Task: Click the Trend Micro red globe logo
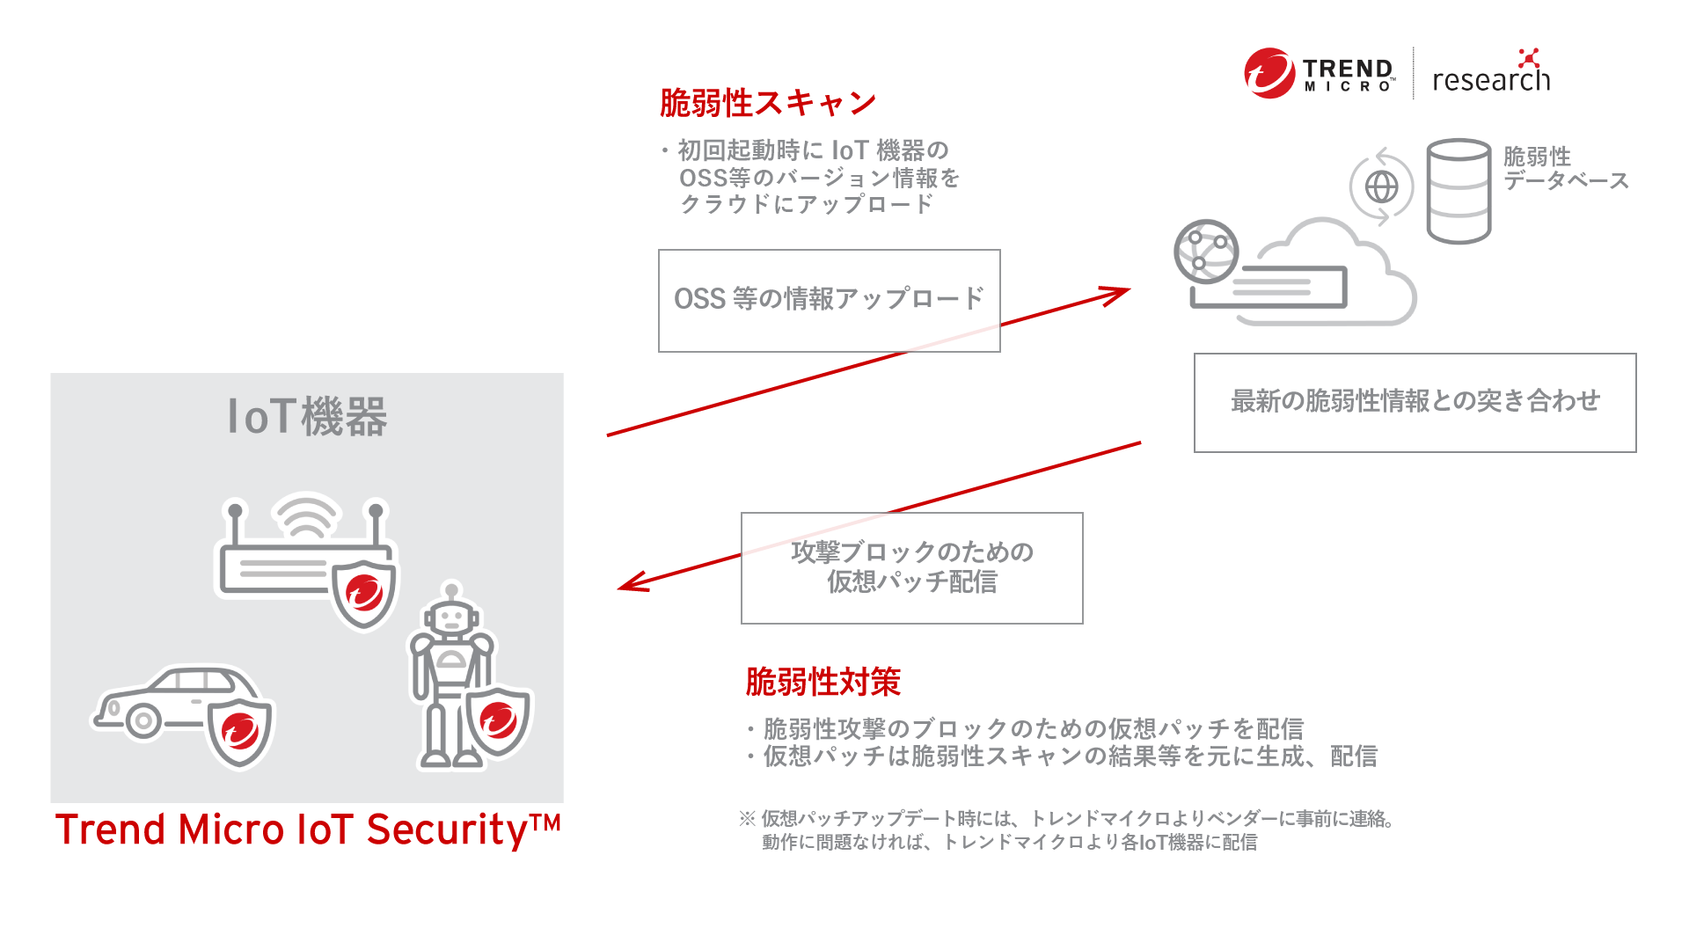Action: pos(1269,73)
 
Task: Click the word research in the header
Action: pos(1490,80)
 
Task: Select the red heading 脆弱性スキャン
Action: pos(767,103)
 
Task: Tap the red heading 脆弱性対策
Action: pos(823,682)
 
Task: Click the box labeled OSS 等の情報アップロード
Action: pos(829,300)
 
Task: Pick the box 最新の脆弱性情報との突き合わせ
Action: pos(1415,402)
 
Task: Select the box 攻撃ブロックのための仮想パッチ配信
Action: pos(911,567)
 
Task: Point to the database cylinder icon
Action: pos(1458,190)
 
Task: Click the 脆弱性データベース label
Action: pos(1564,168)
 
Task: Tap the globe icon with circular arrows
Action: pos(1381,186)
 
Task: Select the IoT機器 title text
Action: pos(307,416)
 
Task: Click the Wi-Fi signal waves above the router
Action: pos(305,515)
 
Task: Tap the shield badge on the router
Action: pos(364,593)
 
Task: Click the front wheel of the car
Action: pos(143,721)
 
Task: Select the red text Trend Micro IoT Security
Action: pos(307,829)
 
